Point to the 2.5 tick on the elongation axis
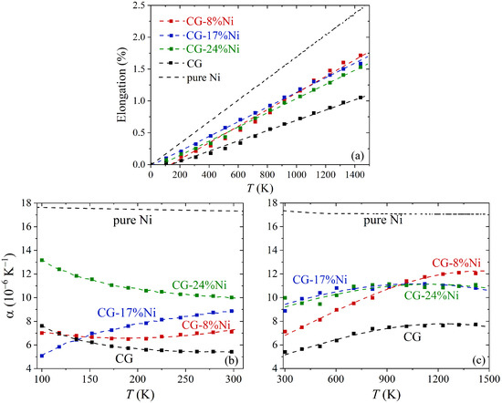[138, 7]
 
